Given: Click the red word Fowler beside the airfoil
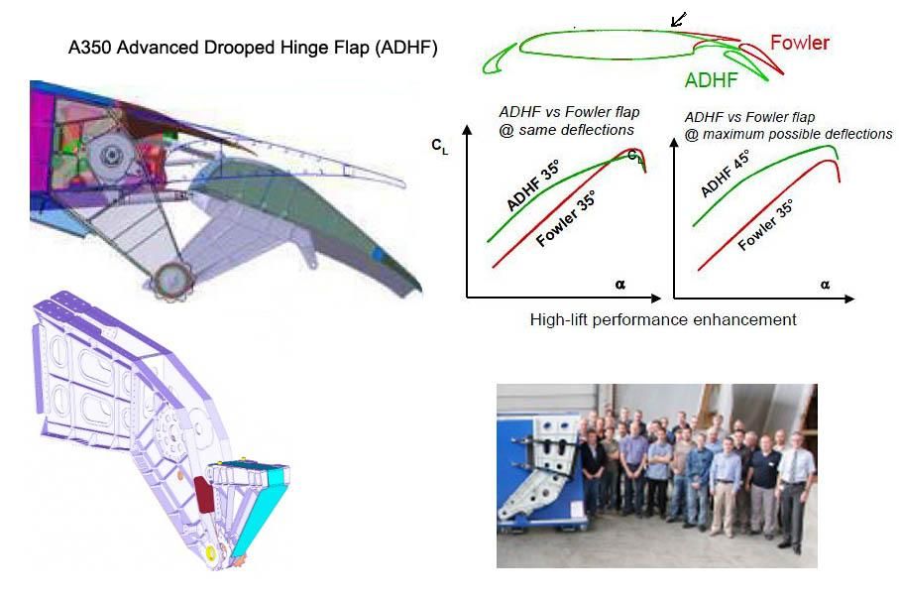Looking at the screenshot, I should pos(799,43).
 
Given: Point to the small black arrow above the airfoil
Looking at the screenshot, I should pos(679,19).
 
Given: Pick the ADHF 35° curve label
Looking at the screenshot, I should pos(533,185).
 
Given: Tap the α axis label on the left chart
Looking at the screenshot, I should pos(620,285).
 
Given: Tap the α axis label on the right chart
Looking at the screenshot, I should pos(825,285).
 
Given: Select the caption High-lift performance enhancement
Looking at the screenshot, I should pos(663,319).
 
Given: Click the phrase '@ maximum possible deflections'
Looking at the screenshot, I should pos(789,134).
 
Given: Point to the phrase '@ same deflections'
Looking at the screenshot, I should pos(567,129).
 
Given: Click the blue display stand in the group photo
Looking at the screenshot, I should pos(532,466).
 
